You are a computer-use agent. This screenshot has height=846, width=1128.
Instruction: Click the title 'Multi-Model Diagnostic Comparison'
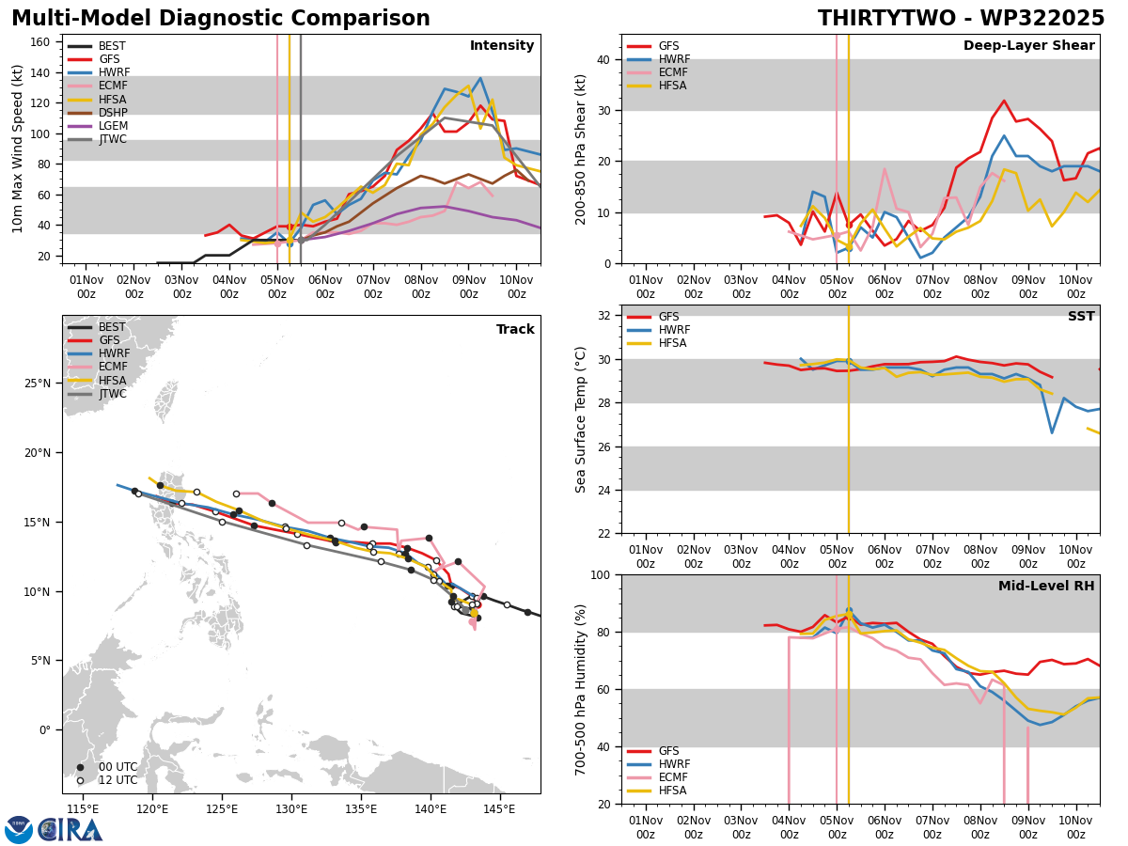[220, 19]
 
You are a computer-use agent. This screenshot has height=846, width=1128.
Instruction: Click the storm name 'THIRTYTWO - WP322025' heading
[961, 19]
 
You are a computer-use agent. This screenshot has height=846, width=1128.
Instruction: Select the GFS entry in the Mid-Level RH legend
[670, 751]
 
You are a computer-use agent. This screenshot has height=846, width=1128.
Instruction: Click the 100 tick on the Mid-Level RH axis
[603, 574]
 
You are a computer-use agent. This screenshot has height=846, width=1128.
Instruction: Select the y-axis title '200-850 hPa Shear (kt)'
[582, 149]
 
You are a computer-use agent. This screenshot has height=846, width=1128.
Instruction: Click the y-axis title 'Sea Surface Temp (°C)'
[582, 419]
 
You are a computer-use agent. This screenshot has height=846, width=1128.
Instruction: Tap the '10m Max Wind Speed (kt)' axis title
[18, 149]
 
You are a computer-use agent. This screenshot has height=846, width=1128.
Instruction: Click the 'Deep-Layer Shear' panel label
[1028, 46]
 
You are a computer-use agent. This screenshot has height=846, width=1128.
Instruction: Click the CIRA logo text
[71, 830]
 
